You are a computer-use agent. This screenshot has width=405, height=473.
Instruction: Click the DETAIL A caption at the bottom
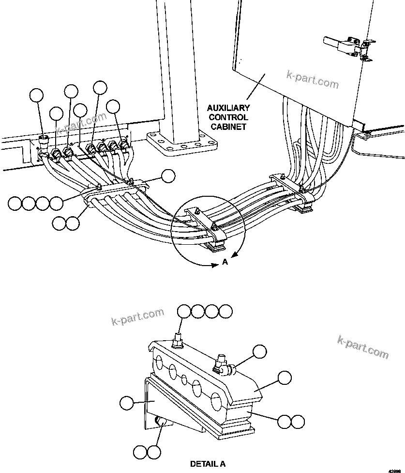tap(208, 464)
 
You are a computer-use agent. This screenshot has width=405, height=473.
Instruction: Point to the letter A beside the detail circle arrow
tap(225, 262)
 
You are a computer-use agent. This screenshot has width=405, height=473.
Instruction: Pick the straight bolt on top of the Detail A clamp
tap(178, 340)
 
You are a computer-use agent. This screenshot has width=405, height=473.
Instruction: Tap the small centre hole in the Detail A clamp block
tap(184, 378)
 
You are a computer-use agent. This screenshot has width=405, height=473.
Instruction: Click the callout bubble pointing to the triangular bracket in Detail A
tap(126, 402)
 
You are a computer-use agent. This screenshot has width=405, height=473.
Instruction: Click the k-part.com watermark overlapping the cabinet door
tap(313, 79)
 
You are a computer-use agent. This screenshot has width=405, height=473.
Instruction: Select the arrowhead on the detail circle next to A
tap(234, 254)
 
